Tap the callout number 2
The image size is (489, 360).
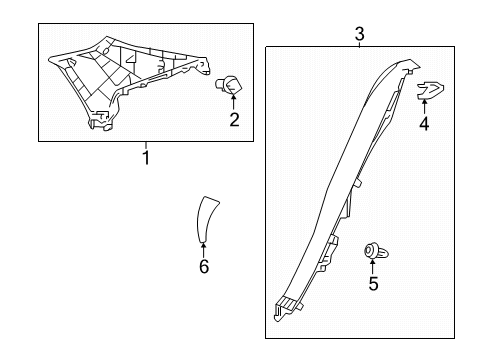pyautogui.click(x=234, y=122)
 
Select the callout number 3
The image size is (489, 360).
pyautogui.click(x=359, y=35)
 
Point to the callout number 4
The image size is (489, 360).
pyautogui.click(x=423, y=126)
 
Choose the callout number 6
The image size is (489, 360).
pyautogui.click(x=203, y=267)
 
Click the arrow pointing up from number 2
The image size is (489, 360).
pyautogui.click(x=234, y=101)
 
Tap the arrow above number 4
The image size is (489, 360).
pyautogui.click(x=423, y=108)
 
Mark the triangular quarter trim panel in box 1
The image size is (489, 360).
pyautogui.click(x=125, y=75)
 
